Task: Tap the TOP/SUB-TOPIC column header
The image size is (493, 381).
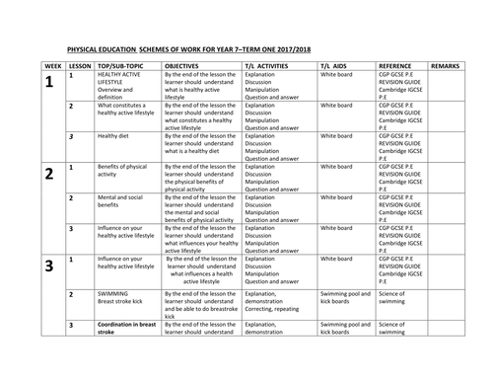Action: [119, 90]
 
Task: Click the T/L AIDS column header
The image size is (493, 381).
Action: [335, 90]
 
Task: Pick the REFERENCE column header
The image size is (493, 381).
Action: [397, 90]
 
